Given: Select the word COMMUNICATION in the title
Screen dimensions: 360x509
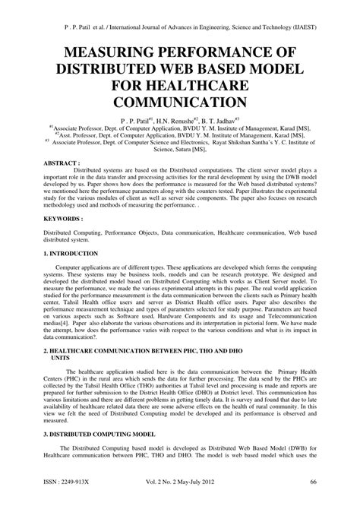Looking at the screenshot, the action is (x=180, y=101).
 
